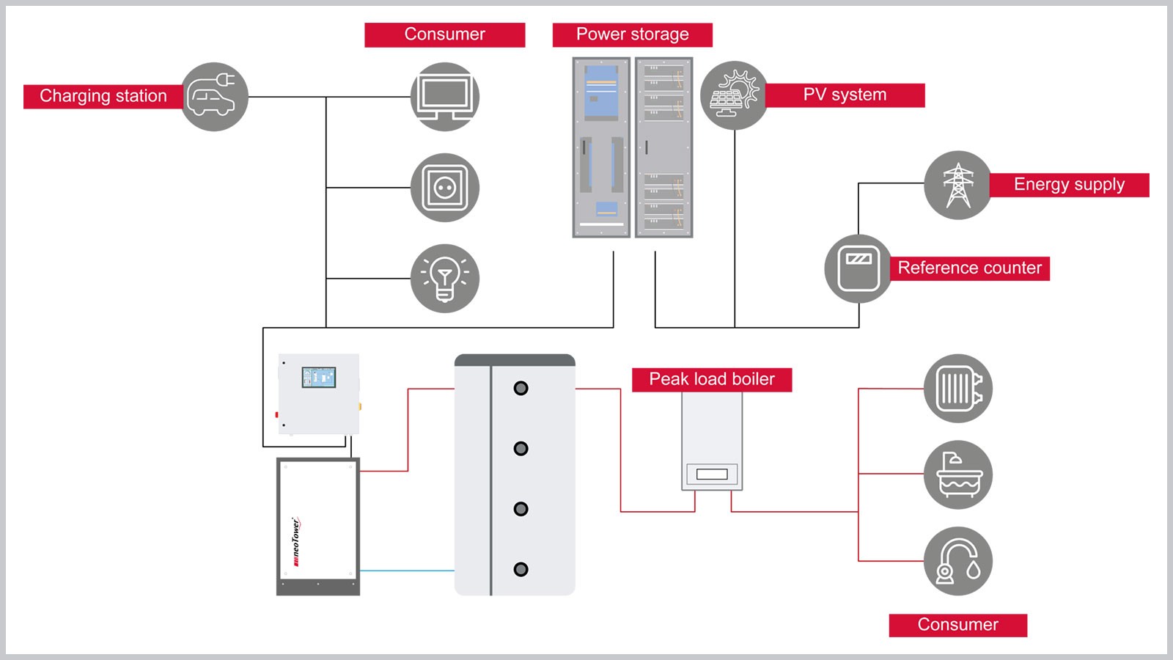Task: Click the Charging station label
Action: point(103,96)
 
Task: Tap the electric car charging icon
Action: point(214,97)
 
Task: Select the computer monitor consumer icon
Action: point(445,97)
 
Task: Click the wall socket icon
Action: point(445,188)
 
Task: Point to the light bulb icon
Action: point(445,279)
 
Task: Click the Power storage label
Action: point(632,34)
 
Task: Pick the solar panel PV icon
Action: point(734,95)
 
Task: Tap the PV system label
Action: point(845,95)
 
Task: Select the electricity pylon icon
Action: point(957,185)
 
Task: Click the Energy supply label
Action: point(1069,185)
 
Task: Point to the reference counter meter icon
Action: point(858,268)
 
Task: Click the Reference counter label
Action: point(969,268)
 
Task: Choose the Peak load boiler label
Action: point(712,380)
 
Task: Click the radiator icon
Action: point(958,389)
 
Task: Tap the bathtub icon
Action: point(958,474)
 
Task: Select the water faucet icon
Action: point(958,561)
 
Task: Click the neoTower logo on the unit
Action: point(295,542)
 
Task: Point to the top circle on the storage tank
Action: point(521,388)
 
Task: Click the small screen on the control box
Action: point(319,378)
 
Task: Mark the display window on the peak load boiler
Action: point(712,474)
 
